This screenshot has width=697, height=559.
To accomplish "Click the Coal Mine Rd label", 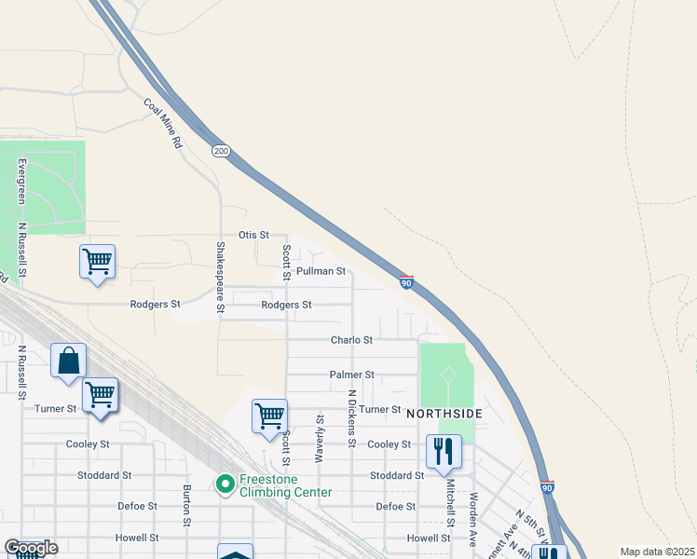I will [x=163, y=124].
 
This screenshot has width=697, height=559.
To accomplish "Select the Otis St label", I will [x=253, y=236].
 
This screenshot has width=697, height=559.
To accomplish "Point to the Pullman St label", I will [x=321, y=271].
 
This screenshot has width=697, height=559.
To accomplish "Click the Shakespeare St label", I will [x=221, y=277].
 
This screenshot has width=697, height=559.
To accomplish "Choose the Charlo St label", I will [x=351, y=340].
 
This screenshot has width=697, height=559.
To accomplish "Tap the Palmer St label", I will [x=351, y=375].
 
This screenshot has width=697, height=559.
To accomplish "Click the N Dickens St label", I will [x=352, y=417].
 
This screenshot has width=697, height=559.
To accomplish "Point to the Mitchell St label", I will [x=448, y=499].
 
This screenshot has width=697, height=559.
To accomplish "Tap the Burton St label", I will [x=187, y=504].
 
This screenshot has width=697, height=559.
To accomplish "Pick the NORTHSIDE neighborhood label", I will [x=444, y=412].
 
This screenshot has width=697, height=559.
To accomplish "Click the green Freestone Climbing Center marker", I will [x=225, y=484].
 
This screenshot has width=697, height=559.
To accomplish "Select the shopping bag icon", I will [x=69, y=361].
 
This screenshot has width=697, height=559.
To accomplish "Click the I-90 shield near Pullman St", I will [x=406, y=281].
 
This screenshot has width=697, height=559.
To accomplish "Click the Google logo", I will [x=31, y=548].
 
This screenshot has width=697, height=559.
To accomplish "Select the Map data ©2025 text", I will [x=657, y=552].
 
